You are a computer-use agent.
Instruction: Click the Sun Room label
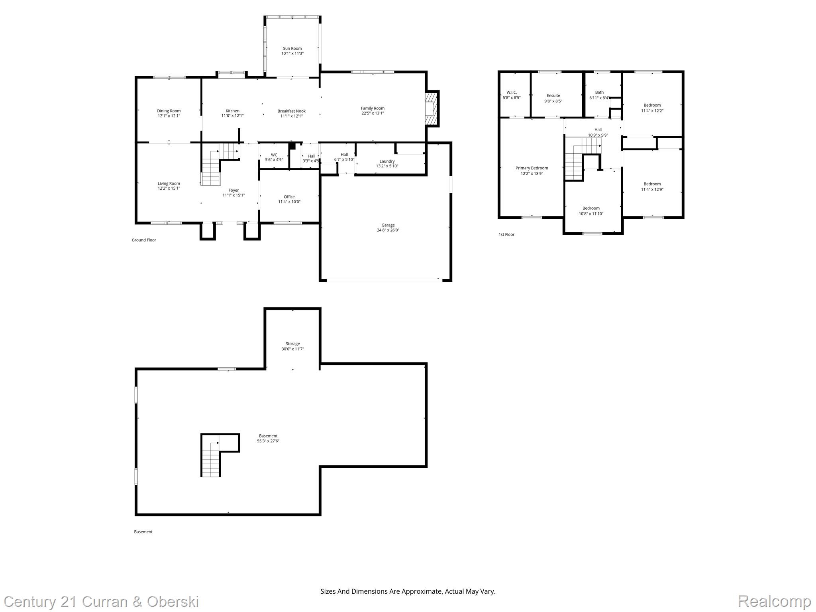coord(292,49)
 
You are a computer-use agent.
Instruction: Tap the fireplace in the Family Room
coord(431,109)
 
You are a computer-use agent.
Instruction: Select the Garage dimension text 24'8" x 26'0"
coord(388,230)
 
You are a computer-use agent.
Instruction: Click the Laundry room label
coord(387,161)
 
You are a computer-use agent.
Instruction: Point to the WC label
coord(274,155)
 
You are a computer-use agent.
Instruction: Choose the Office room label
coord(289,197)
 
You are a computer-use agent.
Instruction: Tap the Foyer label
coord(233,190)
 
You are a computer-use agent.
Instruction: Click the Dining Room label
coord(169,111)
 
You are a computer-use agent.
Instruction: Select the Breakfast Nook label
coord(292,111)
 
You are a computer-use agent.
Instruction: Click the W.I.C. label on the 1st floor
coord(512,92)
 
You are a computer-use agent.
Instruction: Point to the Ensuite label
coord(553,96)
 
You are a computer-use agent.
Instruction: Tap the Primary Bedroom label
coord(532,168)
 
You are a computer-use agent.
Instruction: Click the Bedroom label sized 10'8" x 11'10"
coord(591,208)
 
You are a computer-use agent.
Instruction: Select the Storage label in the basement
coord(292,344)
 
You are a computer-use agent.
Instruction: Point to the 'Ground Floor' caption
coord(144,240)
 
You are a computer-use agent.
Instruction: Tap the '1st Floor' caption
coord(506,235)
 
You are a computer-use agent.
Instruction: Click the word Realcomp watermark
coord(774,601)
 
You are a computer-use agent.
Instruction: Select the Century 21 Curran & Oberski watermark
coord(102,601)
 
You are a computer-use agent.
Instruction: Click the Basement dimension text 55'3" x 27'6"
coord(268,441)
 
